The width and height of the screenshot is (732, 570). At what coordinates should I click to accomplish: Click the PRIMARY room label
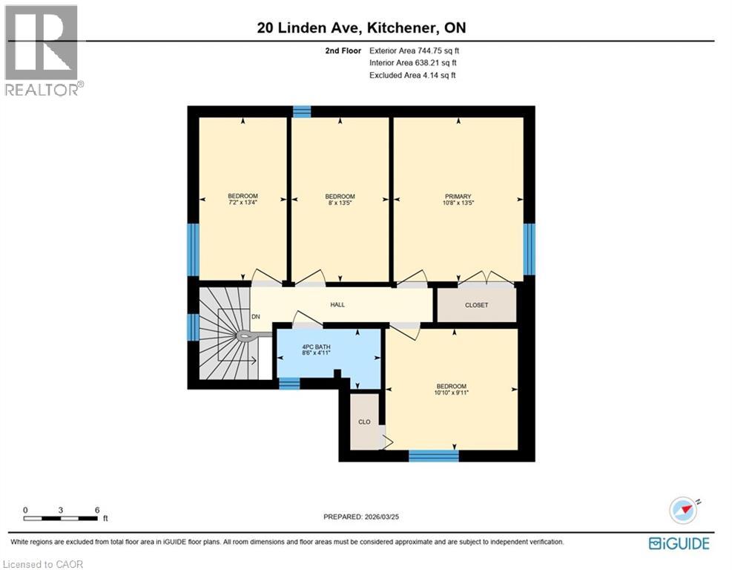458,197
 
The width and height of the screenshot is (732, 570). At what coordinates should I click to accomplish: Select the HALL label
337,304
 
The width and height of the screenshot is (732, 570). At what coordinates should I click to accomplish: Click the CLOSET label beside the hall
476,305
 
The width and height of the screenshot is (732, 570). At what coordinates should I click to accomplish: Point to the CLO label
364,422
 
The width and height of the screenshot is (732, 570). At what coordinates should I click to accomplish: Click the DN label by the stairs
256,317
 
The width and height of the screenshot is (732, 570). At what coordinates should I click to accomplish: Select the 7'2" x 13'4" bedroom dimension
243,203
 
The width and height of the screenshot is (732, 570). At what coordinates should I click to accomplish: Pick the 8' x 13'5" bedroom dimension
340,203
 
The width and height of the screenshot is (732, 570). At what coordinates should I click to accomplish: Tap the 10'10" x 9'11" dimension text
451,393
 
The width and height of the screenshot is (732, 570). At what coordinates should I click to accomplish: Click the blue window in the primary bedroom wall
529,248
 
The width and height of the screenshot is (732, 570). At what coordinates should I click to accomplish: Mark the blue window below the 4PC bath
288,384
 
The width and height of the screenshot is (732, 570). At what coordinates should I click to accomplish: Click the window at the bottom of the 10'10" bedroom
434,455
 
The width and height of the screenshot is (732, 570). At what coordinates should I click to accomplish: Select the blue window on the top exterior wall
301,111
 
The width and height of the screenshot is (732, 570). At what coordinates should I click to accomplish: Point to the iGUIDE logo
679,543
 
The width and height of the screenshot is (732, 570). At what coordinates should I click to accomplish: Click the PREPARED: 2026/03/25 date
366,517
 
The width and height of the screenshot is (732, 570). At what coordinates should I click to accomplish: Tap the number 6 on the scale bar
97,510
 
